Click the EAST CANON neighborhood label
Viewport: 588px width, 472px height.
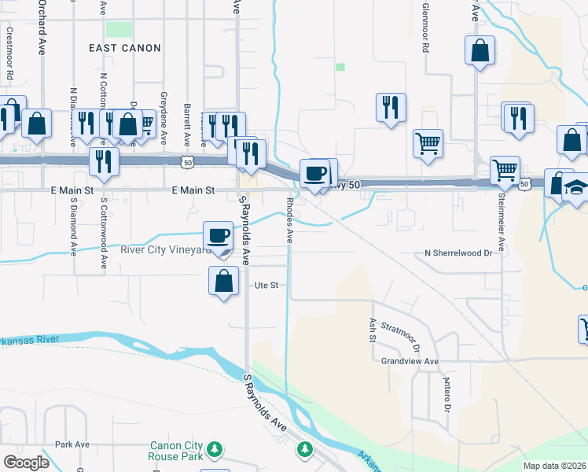click(x=124, y=48)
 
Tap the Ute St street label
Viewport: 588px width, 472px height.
click(x=264, y=286)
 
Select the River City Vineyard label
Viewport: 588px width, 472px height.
click(x=165, y=250)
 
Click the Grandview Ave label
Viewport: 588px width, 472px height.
click(x=409, y=362)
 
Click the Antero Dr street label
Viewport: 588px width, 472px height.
click(x=447, y=393)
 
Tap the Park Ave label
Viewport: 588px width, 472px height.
click(x=72, y=444)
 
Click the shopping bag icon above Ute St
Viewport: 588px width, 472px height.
click(x=224, y=279)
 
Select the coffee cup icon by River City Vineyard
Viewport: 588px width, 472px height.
click(x=219, y=234)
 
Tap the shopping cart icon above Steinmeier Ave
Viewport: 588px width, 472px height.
click(x=505, y=168)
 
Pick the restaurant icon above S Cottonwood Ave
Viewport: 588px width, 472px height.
click(x=103, y=160)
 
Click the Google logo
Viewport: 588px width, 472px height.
click(x=26, y=463)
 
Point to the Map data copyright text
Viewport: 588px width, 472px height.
click(x=554, y=466)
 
